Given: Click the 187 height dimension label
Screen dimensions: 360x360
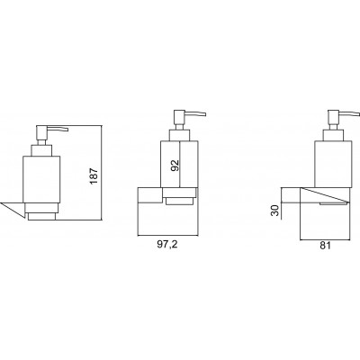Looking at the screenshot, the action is coord(94,175).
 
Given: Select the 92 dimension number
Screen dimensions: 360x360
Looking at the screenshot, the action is coord(175,166).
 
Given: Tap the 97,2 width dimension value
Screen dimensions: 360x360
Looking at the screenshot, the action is coord(167,244).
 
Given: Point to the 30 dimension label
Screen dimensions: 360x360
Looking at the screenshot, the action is coord(274,210).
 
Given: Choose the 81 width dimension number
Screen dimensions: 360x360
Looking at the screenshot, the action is coord(325,245).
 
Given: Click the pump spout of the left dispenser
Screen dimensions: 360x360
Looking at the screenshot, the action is coord(58,129).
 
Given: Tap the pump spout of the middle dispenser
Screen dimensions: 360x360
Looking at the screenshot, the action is coord(195,114).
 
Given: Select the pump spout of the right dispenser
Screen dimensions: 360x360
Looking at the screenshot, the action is coord(348,114).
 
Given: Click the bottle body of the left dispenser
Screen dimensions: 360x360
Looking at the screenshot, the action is coord(41,179).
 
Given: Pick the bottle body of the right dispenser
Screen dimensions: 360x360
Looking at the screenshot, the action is coord(332,163).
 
